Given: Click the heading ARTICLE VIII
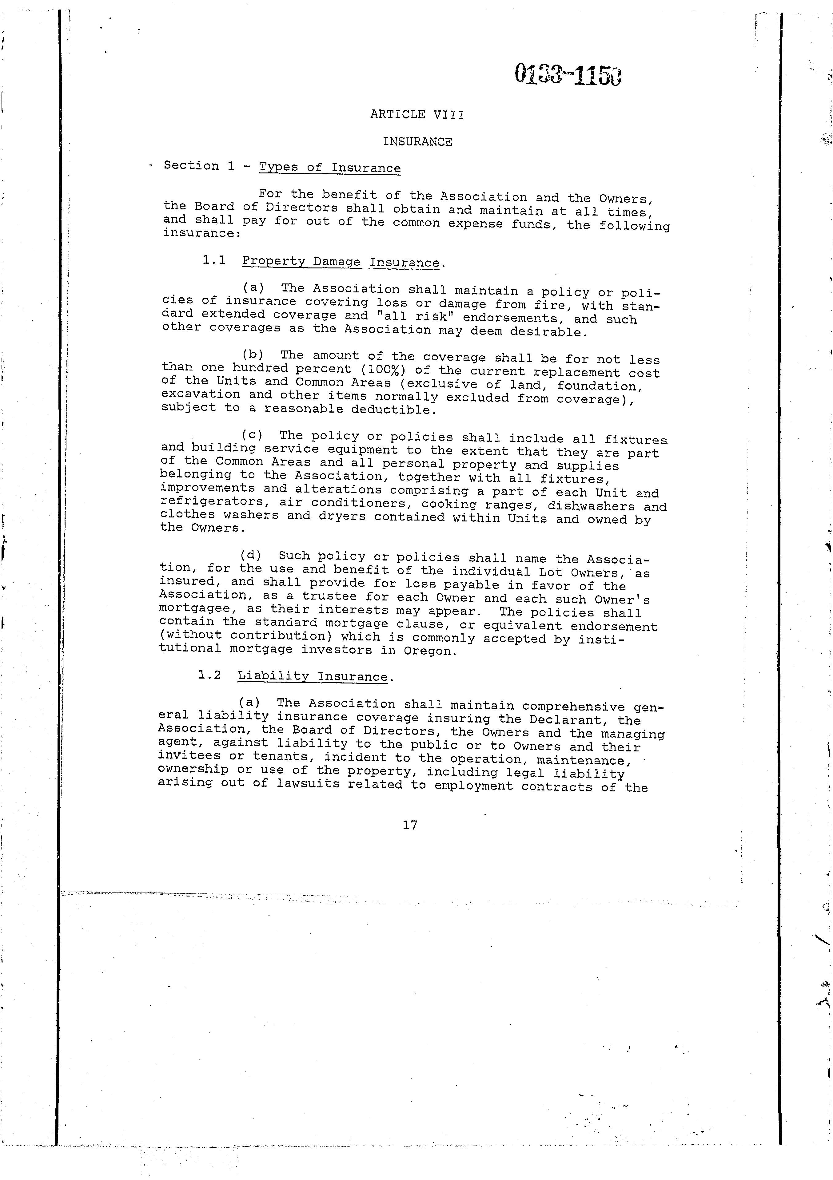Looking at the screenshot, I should click(417, 115).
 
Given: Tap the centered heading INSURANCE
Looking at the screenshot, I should click(417, 142).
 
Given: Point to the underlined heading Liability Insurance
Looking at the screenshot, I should click(313, 676).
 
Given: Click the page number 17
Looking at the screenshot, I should click(410, 825).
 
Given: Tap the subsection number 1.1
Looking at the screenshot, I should click(214, 260).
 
